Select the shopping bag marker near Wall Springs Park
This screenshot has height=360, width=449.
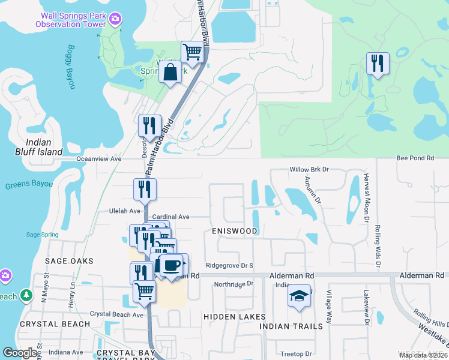click(170, 72)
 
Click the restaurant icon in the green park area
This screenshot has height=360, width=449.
click(378, 63)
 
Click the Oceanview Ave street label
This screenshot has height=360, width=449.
click(99, 159)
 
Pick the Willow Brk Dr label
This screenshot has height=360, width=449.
click(310, 170)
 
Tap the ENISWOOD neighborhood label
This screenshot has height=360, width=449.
click(234, 231)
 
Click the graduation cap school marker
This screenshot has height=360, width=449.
click(299, 296)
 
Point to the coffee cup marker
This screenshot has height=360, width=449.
click(171, 264)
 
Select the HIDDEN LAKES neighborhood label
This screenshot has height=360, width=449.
click(234, 316)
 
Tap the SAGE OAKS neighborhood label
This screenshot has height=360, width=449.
click(69, 261)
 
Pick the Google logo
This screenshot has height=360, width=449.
click(20, 353)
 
